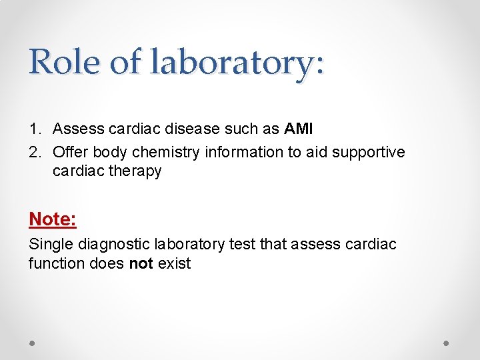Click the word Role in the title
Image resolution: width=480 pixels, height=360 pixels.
[x=64, y=62]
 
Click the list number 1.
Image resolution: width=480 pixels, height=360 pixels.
[x=35, y=129]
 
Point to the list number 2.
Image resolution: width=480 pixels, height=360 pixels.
[x=35, y=152]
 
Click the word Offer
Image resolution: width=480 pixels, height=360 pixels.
[x=69, y=152]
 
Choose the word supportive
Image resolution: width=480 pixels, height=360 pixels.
[x=369, y=152]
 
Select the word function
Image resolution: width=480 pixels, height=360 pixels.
[x=55, y=263]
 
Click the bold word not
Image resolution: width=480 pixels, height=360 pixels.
[x=141, y=263]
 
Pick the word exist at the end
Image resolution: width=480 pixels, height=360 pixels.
[x=174, y=263]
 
